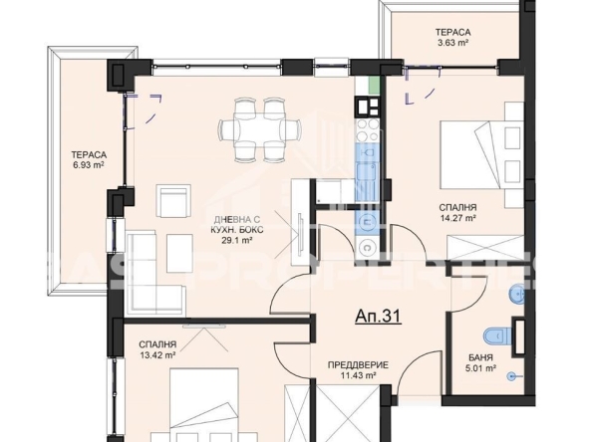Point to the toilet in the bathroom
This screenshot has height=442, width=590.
click(x=495, y=335)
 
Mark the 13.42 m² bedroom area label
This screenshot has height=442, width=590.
click(x=157, y=354)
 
